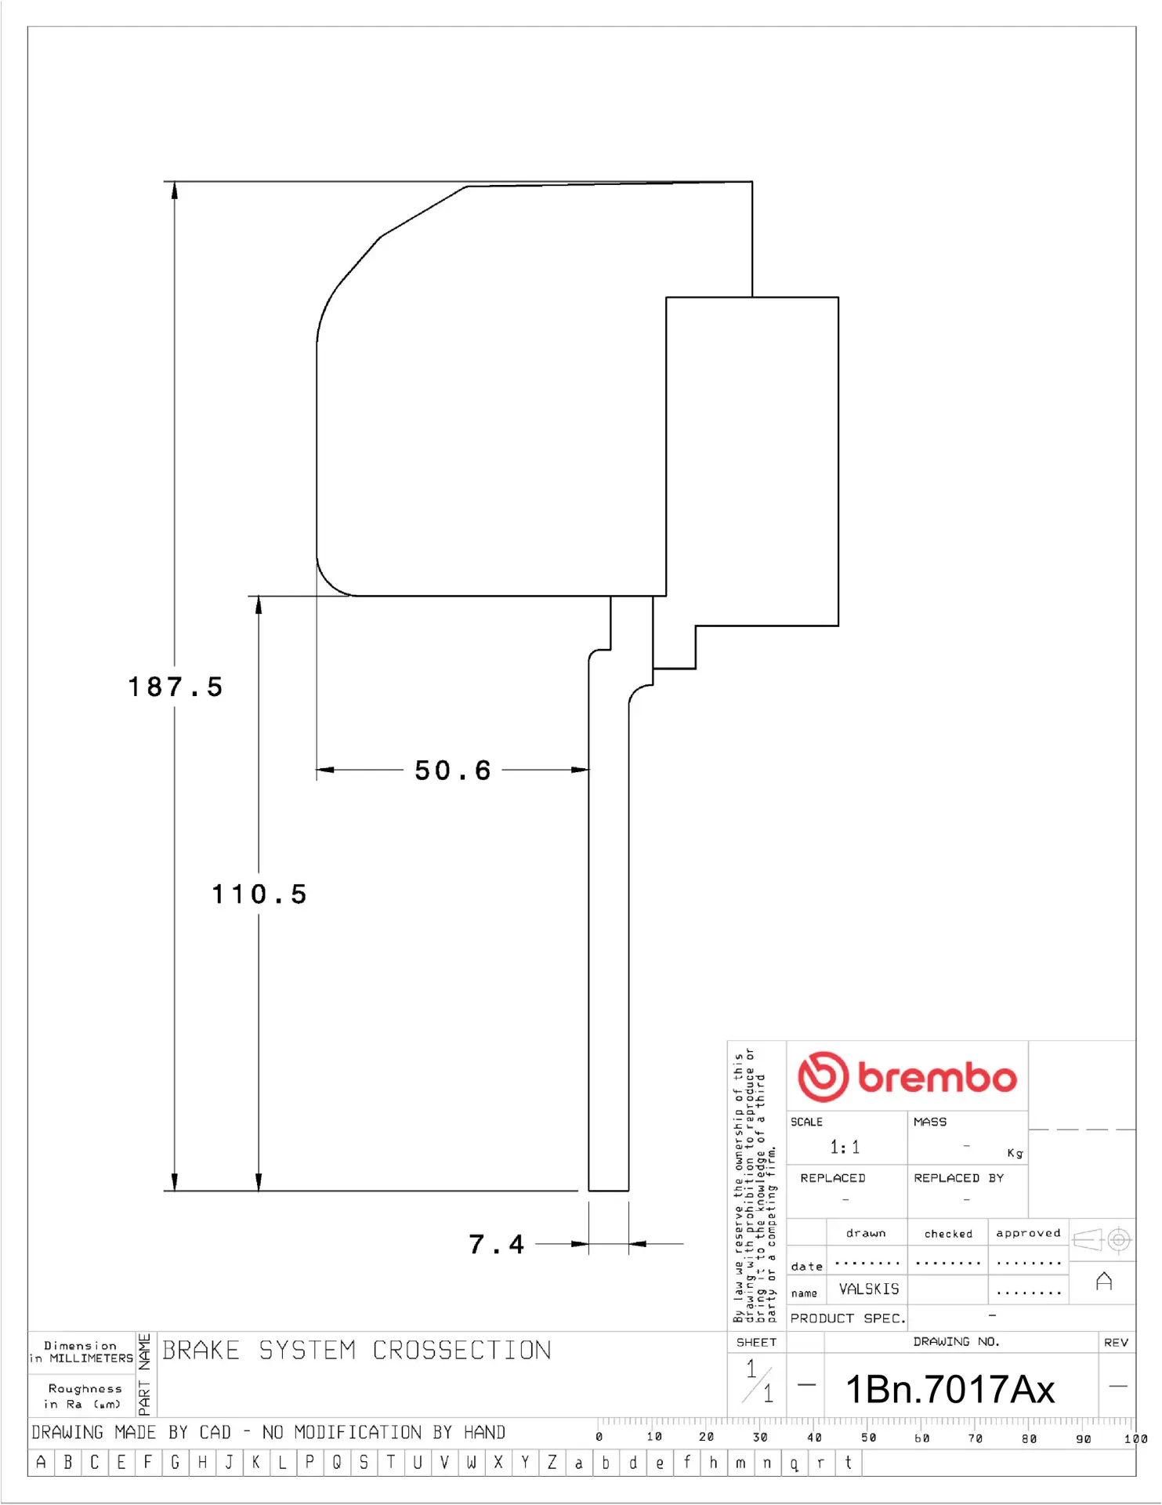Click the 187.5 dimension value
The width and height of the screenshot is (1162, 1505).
point(176,687)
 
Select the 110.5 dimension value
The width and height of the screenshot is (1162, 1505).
point(259,894)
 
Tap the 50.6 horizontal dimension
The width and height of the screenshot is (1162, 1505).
point(453,771)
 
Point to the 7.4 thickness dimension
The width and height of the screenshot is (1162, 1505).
point(496,1244)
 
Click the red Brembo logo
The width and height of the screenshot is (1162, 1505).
point(907,1076)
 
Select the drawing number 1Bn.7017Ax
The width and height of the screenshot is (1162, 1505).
point(950,1389)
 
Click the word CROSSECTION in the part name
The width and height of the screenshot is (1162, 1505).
point(462,1350)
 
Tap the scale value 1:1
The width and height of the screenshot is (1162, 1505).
point(845,1148)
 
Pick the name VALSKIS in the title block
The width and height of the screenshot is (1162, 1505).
point(869,1289)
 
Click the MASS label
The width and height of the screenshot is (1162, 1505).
point(930,1122)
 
